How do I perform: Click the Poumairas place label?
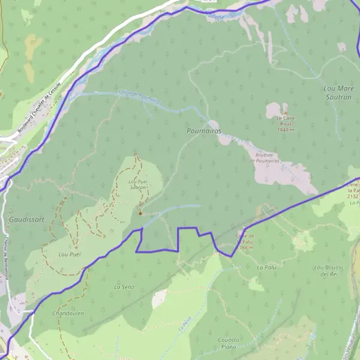tap(204, 130)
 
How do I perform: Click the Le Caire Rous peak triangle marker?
tap(286, 112)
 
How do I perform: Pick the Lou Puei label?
tap(70, 254)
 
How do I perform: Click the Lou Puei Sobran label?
tap(138, 184)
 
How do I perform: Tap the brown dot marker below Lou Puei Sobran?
tap(140, 213)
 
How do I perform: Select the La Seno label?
tap(124, 287)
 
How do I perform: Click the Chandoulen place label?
tap(68, 313)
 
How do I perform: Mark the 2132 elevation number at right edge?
tap(352, 196)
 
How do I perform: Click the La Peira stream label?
tap(184, 328)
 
